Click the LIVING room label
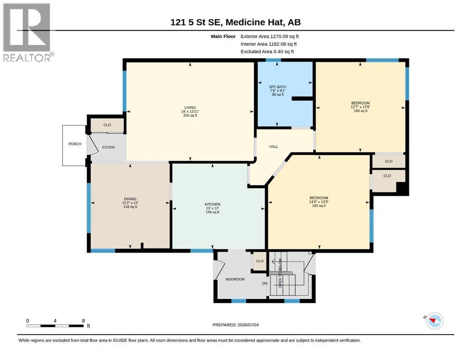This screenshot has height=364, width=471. [x=190, y=108]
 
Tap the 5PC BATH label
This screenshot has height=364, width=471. [x=277, y=87]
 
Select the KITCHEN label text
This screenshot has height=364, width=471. [x=212, y=204]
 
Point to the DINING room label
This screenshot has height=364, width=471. [x=130, y=199]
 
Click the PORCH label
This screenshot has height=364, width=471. [x=75, y=144]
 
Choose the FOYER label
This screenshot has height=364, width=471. [x=109, y=147]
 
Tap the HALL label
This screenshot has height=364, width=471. [x=273, y=146]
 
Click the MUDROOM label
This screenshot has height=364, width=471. [x=235, y=279]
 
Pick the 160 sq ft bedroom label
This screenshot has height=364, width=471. [x=360, y=103]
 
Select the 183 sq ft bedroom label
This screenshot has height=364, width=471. [x=319, y=198]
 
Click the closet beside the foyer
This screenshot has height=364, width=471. [x=107, y=125]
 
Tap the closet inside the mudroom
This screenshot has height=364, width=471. [x=260, y=261]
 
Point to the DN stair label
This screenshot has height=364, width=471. [x=265, y=283]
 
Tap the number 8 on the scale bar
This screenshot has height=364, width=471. [x=83, y=320]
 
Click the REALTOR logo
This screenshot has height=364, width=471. [x=28, y=32]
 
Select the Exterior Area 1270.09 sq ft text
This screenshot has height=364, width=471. [x=269, y=36]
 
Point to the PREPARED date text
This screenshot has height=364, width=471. [x=235, y=325]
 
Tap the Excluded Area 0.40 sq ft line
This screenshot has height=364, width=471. [x=267, y=51]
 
